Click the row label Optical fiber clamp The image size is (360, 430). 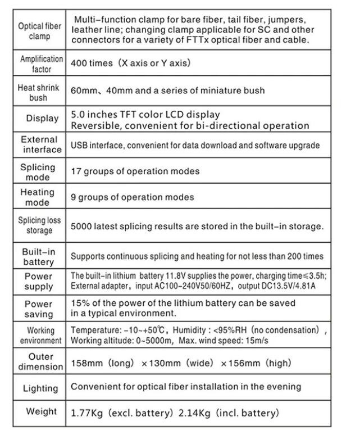pyautogui.click(x=40, y=31)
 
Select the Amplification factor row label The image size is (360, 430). pyautogui.click(x=40, y=64)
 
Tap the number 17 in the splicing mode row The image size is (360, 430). pyautogui.click(x=76, y=171)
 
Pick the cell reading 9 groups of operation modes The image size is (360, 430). pyautogui.click(x=133, y=197)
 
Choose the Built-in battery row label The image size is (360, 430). pyautogui.click(x=39, y=256)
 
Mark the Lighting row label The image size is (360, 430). pyautogui.click(x=40, y=388)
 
